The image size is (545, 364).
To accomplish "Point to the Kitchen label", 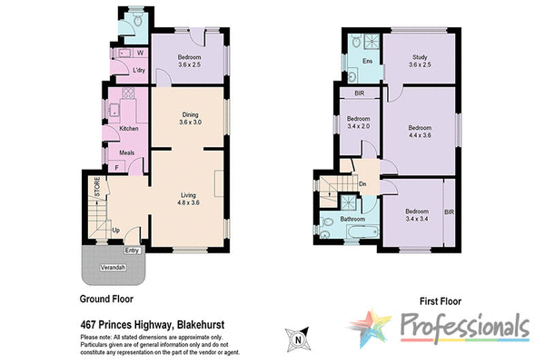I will [x=129, y=128].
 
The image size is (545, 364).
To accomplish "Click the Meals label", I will [x=126, y=152].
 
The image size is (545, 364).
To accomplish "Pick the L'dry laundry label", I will [x=139, y=71].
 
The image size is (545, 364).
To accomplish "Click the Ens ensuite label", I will [x=368, y=61].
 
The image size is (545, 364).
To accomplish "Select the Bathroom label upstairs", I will [x=352, y=220].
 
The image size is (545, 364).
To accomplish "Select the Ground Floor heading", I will [x=107, y=298].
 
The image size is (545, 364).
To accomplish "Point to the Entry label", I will [x=133, y=251].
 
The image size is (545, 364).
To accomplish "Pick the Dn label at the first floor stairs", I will [x=362, y=183].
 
